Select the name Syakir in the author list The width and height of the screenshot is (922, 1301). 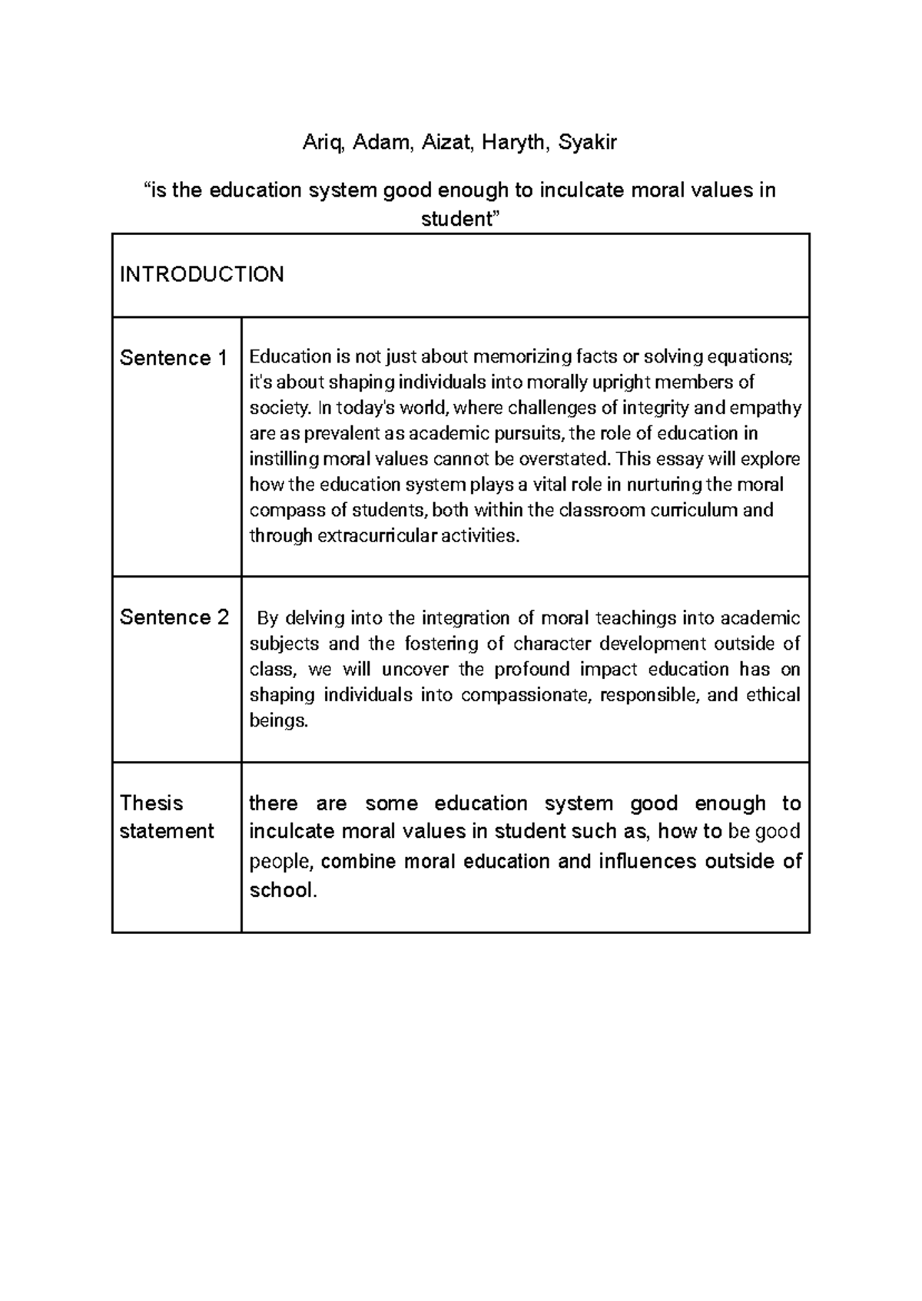pyautogui.click(x=587, y=143)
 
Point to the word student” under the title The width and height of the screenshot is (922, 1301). pyautogui.click(x=460, y=219)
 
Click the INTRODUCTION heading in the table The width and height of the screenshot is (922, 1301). pyautogui.click(x=202, y=274)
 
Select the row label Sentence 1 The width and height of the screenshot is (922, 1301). pyautogui.click(x=174, y=358)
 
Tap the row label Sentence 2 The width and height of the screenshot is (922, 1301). pyautogui.click(x=174, y=617)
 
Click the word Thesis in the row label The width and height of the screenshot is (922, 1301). pyautogui.click(x=151, y=803)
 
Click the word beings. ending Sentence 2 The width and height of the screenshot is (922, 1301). pyautogui.click(x=278, y=721)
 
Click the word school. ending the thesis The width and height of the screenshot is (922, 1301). pyautogui.click(x=283, y=891)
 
